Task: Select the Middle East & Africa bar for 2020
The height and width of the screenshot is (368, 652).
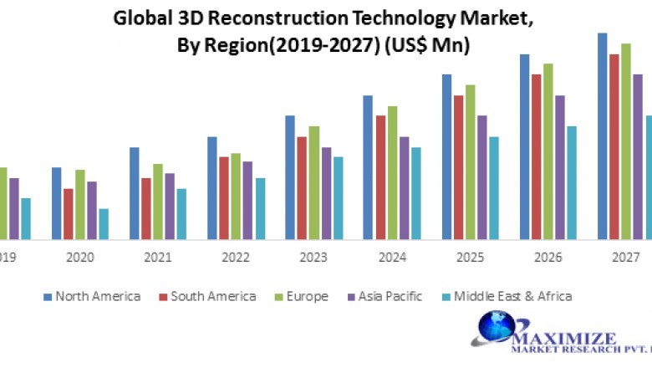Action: [x=104, y=224]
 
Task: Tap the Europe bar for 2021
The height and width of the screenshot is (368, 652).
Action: [x=158, y=202]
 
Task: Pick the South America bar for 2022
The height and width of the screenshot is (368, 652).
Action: [x=224, y=197]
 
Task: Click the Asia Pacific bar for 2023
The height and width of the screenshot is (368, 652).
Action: [x=326, y=193]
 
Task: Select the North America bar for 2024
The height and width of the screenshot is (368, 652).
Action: [x=369, y=167]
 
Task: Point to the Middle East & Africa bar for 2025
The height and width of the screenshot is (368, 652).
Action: [x=493, y=187]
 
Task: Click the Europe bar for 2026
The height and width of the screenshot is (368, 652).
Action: [x=548, y=151]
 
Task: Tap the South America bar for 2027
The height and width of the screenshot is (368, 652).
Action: [x=614, y=146]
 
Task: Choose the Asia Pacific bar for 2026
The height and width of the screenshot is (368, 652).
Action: [x=560, y=167]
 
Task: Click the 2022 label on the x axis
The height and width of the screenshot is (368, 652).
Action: [x=236, y=258]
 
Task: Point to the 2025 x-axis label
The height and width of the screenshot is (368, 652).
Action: [x=470, y=258]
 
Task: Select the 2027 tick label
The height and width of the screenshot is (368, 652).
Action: [x=626, y=258]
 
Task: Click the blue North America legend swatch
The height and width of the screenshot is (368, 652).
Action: [x=48, y=296]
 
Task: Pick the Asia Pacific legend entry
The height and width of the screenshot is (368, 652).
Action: [x=390, y=296]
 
